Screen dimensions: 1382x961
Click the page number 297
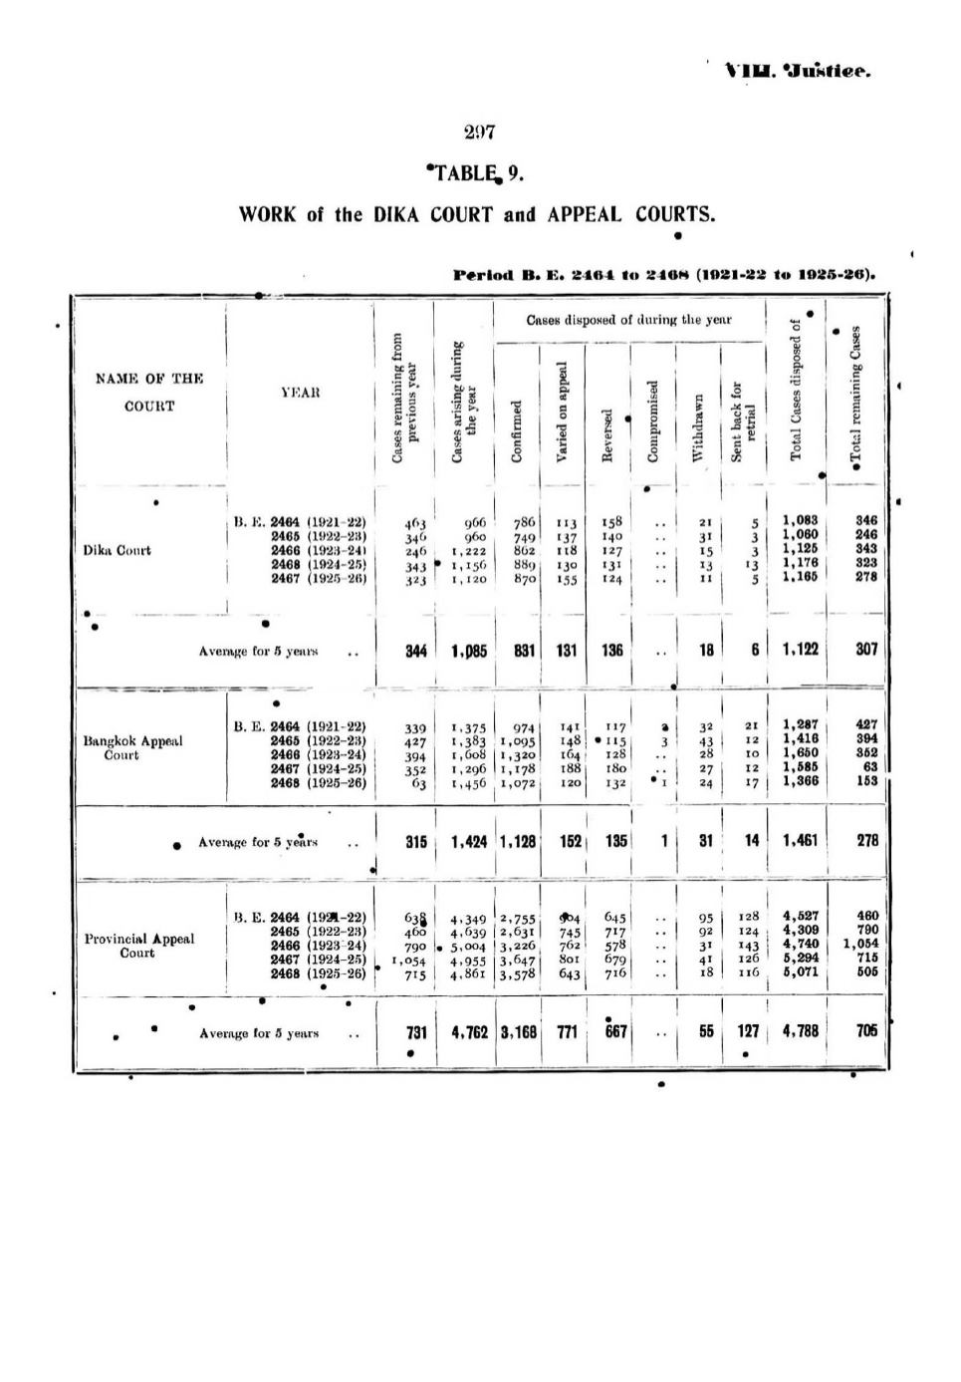pyautogui.click(x=479, y=132)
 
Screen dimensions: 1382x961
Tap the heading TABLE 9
pyautogui.click(x=474, y=173)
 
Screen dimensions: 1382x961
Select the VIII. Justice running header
pyautogui.click(x=798, y=72)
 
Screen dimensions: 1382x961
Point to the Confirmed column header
pyautogui.click(x=516, y=431)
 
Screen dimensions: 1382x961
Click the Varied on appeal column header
pyautogui.click(x=561, y=412)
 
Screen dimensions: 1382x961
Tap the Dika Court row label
pyautogui.click(x=117, y=550)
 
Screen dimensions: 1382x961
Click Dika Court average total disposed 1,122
pyautogui.click(x=800, y=650)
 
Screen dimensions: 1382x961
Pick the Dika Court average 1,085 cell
pyautogui.click(x=469, y=651)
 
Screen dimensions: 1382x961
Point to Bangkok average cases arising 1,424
pyautogui.click(x=469, y=841)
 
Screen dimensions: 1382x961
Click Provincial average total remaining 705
pyautogui.click(x=866, y=1031)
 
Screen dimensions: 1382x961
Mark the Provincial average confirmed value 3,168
pyautogui.click(x=518, y=1032)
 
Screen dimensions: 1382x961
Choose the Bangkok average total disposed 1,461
pyautogui.click(x=800, y=840)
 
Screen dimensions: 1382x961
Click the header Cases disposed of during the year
pyautogui.click(x=628, y=320)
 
